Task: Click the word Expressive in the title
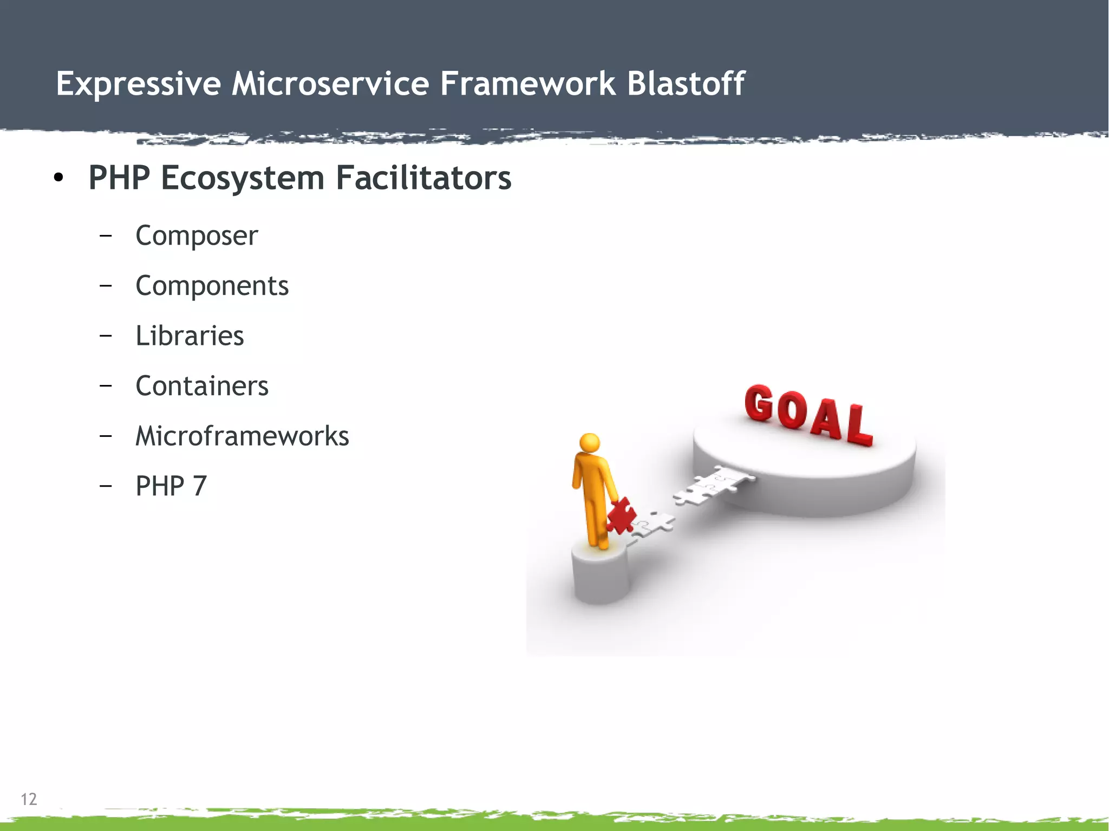click(138, 84)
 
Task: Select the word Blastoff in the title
click(686, 84)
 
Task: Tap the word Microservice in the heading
click(330, 84)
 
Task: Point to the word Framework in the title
click(527, 84)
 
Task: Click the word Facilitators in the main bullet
click(423, 178)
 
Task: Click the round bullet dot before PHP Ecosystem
click(58, 178)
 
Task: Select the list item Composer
click(197, 235)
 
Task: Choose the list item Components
click(212, 286)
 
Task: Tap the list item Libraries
click(190, 336)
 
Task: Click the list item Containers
click(201, 386)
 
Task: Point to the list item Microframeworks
click(242, 436)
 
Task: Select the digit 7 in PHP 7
click(199, 486)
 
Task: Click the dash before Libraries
click(106, 336)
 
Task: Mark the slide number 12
click(29, 799)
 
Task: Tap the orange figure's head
click(590, 442)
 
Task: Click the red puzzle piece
click(621, 515)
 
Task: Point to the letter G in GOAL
click(759, 403)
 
